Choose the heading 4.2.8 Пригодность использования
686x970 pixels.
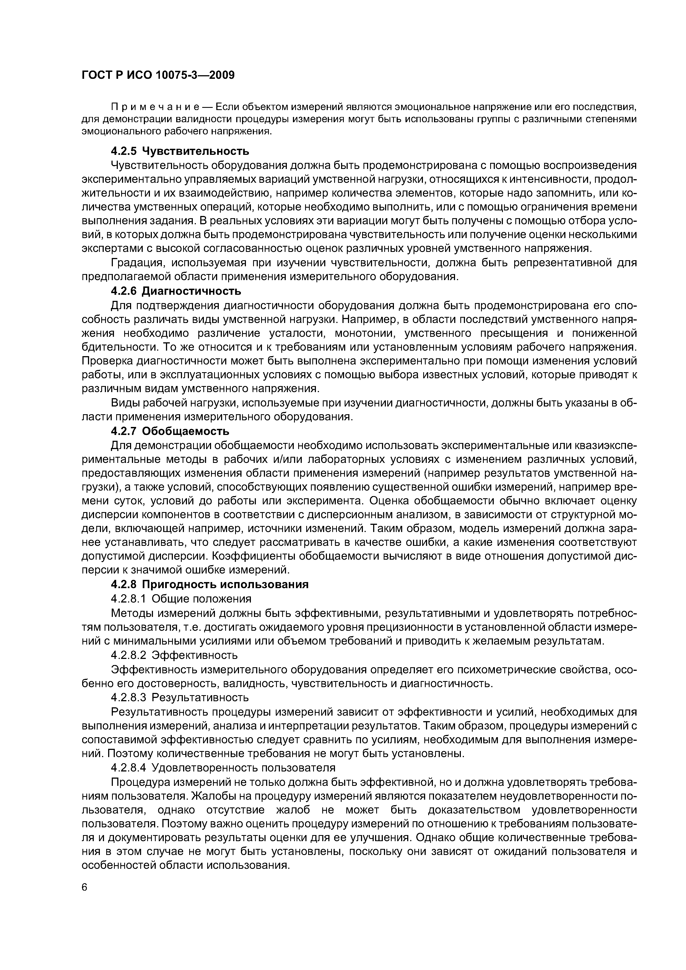210,584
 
